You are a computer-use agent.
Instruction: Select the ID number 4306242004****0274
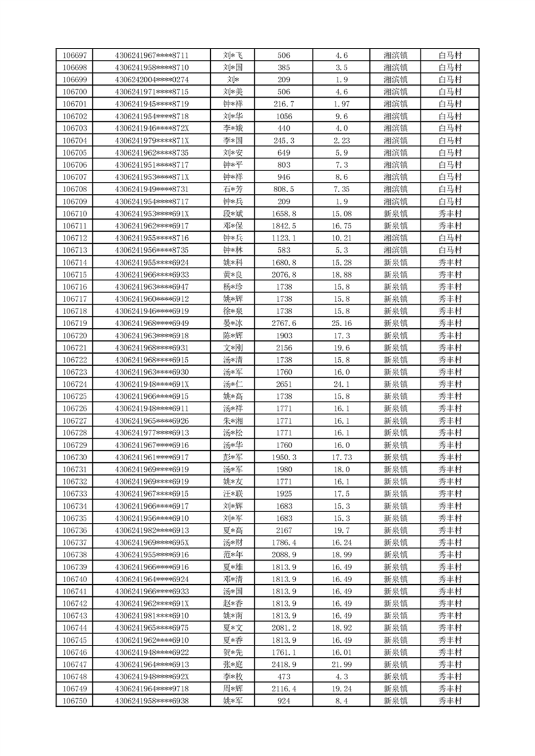point(152,80)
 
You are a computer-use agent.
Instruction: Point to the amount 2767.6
point(284,323)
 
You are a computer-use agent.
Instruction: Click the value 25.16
point(342,323)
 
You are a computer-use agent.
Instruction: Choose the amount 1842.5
point(284,226)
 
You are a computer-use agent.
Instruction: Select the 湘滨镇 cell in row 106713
point(395,250)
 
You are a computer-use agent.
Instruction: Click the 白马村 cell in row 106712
point(449,238)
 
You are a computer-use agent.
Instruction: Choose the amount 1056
point(284,116)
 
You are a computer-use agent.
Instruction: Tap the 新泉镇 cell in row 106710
point(395,214)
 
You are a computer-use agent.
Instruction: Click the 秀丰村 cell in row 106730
point(449,458)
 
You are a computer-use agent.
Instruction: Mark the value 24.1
point(342,384)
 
